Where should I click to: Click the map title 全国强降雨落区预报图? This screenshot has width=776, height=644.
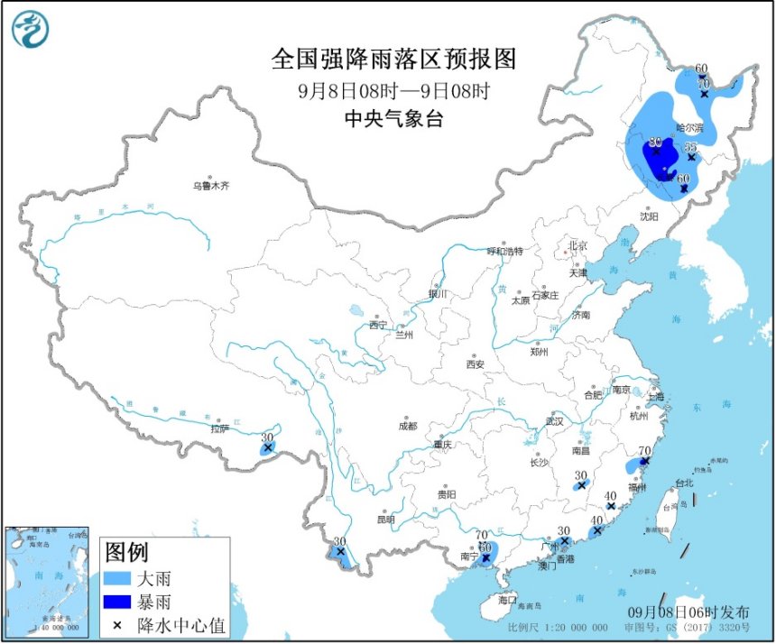click(x=393, y=60)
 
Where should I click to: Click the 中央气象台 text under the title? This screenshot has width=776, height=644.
click(x=393, y=118)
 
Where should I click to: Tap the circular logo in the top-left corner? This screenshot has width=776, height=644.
click(x=30, y=29)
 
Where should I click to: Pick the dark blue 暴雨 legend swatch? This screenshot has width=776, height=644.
click(x=125, y=601)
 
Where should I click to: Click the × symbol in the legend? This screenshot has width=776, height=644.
click(x=117, y=624)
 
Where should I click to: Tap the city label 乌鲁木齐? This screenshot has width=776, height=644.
click(x=210, y=187)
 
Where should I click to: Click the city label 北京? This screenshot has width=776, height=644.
click(x=577, y=246)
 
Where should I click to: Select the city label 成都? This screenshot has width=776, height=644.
click(x=407, y=426)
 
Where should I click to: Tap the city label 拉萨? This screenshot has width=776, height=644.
click(x=219, y=429)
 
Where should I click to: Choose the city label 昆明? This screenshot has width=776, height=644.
click(x=386, y=520)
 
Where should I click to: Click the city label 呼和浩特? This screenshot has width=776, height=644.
click(x=504, y=251)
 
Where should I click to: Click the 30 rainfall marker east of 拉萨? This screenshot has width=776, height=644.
click(x=267, y=437)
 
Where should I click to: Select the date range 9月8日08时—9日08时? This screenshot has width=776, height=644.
click(x=393, y=90)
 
